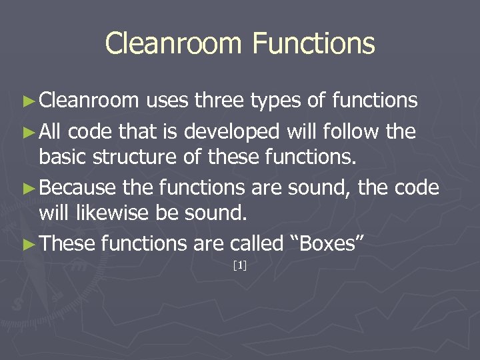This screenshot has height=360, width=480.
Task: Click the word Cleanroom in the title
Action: pyautogui.click(x=174, y=44)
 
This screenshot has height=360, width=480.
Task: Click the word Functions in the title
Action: pyautogui.click(x=314, y=44)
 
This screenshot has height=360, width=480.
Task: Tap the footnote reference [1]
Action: pyautogui.click(x=240, y=266)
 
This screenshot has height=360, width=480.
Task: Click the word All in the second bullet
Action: pyautogui.click(x=51, y=131)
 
